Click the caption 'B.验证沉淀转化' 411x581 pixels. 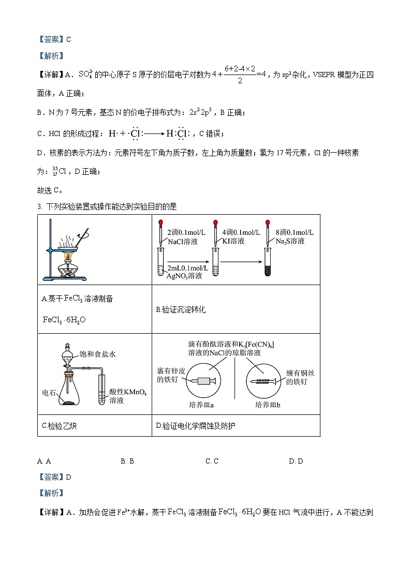(181, 309)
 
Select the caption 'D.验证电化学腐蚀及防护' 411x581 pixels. (197, 426)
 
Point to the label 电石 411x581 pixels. (49, 393)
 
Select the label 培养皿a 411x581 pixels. (203, 405)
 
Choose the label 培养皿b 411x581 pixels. (268, 405)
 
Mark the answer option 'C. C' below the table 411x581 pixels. (212, 460)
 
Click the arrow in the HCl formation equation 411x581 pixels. (154, 134)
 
